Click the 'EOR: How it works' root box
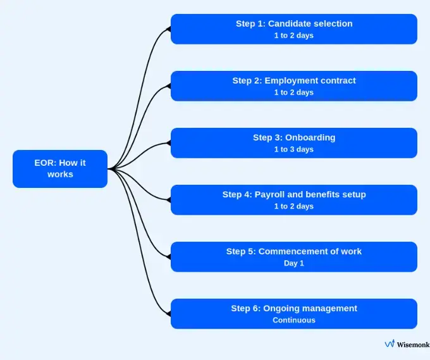[60, 168]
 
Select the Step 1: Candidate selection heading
[294, 23]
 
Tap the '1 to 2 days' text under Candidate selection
[294, 35]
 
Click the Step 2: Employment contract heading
[294, 80]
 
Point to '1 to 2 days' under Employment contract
[294, 92]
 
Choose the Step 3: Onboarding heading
[294, 137]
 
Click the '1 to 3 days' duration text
[294, 149]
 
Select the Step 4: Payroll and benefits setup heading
[294, 194]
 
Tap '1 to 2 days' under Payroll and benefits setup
[294, 206]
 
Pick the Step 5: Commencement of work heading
[294, 251]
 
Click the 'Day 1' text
[294, 263]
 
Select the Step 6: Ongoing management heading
[294, 308]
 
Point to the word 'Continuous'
[294, 320]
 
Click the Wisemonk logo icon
[390, 344]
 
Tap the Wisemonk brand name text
[413, 344]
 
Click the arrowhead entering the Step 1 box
[168, 29]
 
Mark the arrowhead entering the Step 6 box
[168, 314]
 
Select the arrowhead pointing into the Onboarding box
[168, 143]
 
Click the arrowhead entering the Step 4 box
[168, 200]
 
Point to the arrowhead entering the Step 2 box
[168, 86]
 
